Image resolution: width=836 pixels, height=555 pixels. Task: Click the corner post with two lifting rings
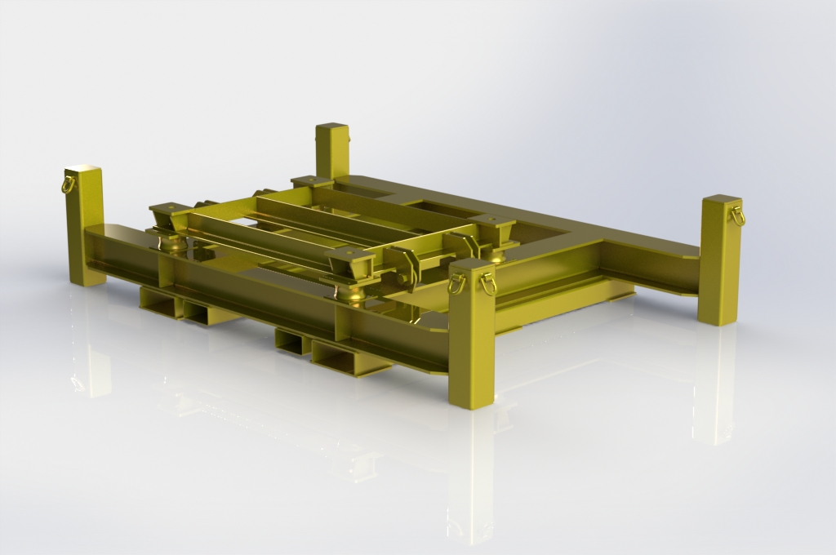click(x=472, y=335)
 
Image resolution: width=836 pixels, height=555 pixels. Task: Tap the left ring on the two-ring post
click(x=456, y=283)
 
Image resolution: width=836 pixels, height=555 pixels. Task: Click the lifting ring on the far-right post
click(x=738, y=216)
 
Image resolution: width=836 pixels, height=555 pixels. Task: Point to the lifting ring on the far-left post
click(x=69, y=184)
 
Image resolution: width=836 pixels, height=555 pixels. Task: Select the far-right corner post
click(x=719, y=261)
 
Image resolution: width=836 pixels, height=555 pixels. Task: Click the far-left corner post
click(x=86, y=229)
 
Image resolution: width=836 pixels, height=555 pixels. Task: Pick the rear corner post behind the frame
click(x=331, y=151)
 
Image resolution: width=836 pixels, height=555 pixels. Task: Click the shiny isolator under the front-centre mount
click(x=354, y=294)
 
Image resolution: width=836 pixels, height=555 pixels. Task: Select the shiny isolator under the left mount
click(x=173, y=242)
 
